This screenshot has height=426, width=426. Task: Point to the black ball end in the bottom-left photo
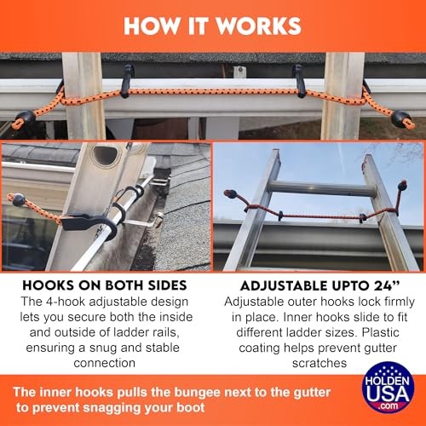click(x=14, y=201)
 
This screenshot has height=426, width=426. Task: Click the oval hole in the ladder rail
click(x=106, y=155)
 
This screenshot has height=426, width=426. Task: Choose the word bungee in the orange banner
click(x=235, y=393)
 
